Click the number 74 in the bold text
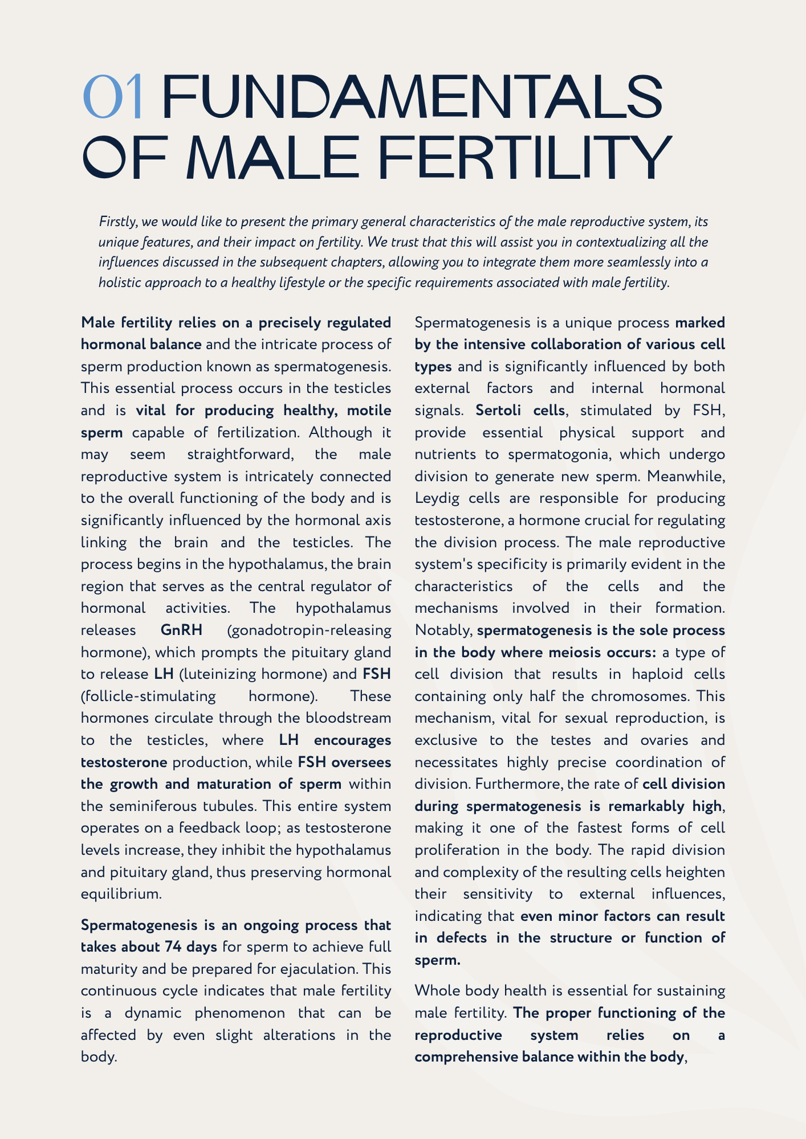point(174,947)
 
